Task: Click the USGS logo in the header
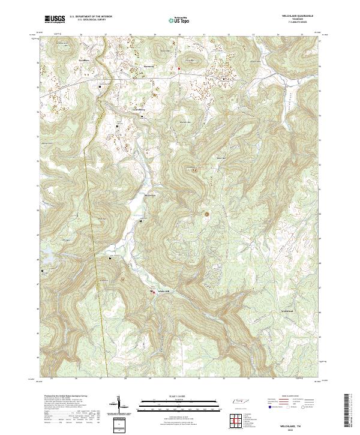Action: pos(55,20)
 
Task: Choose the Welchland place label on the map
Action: pos(287,311)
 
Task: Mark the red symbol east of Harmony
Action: pos(178,67)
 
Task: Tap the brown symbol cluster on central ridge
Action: pos(208,213)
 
